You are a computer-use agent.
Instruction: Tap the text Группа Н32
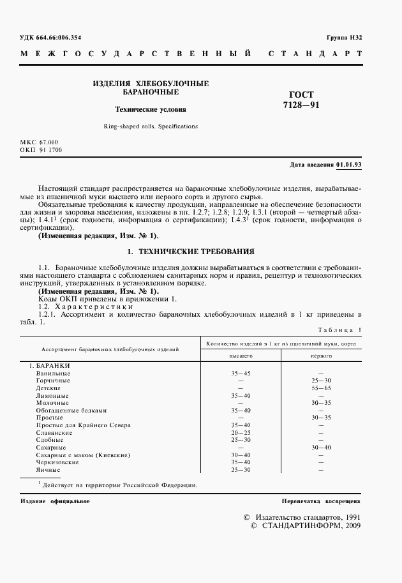(343, 38)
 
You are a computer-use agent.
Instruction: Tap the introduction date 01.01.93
(349, 165)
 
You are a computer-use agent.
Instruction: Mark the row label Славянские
(54, 432)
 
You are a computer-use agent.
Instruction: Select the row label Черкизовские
(56, 462)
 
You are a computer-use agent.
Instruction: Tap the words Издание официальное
(55, 501)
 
